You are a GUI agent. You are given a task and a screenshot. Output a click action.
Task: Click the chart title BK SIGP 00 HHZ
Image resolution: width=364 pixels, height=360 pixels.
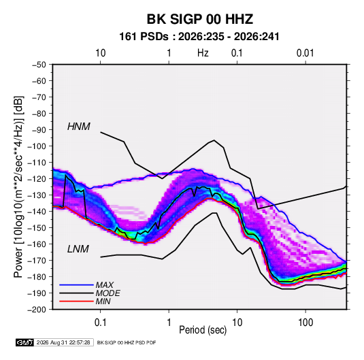point(199,19)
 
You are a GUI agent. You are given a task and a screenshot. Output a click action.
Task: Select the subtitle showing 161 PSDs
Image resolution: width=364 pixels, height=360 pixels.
point(199,37)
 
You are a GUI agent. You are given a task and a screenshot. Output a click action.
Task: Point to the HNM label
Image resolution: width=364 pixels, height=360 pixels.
point(79,127)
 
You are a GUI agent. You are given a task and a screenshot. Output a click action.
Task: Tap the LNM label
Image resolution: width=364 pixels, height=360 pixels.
point(78,249)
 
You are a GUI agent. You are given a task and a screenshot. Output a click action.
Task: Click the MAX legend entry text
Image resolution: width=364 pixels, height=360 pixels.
point(105,285)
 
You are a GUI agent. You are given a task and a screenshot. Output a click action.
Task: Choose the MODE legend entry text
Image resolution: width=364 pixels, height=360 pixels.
point(107,293)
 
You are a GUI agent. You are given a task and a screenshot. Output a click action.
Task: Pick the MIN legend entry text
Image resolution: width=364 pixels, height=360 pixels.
point(103,301)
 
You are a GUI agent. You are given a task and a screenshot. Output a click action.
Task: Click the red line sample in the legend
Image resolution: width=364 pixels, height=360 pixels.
point(76,301)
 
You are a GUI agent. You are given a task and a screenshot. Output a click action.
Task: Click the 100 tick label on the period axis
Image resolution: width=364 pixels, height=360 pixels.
point(305,323)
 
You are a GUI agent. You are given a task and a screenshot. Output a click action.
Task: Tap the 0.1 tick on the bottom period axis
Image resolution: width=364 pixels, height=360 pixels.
point(100,323)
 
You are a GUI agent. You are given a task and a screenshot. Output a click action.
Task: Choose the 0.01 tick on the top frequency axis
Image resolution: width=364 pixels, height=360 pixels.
point(305,53)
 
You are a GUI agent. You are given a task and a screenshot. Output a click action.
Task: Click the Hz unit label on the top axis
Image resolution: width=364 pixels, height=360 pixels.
point(203,53)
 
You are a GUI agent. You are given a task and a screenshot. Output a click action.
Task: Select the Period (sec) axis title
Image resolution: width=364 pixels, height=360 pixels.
point(203,330)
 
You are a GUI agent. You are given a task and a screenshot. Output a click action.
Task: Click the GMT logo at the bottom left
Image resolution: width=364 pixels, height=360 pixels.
point(24,342)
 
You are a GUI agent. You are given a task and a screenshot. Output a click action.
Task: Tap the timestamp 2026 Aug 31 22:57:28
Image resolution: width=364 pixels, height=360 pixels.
point(63,342)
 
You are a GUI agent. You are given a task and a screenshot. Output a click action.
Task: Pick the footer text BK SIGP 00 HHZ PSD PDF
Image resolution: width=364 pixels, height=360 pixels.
point(127,342)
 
